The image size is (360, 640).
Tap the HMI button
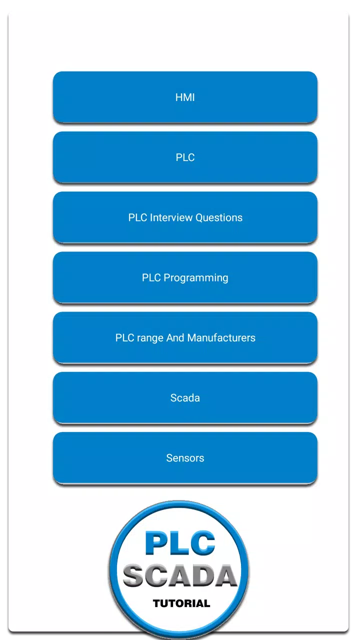tap(185, 97)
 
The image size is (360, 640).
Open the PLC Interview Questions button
tap(185, 217)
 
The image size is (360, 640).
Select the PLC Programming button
tap(185, 277)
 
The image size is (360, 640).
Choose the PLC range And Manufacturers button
tap(185, 337)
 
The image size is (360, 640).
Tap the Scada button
tap(185, 397)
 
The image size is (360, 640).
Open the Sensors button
tap(185, 458)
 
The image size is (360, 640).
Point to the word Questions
tap(219, 217)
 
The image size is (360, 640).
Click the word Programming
tap(196, 278)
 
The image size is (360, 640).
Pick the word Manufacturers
tap(221, 337)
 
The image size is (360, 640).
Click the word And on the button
tap(175, 337)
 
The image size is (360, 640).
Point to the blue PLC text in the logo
tap(180, 543)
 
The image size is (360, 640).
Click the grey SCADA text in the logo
tap(180, 576)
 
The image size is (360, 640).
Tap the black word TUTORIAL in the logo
tap(181, 603)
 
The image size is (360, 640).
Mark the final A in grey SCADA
tap(225, 576)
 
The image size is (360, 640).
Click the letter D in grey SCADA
tap(203, 576)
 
